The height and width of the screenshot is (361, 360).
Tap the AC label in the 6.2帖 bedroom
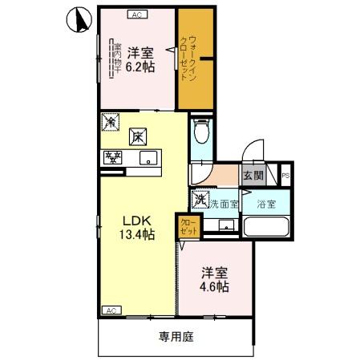coord(137,14)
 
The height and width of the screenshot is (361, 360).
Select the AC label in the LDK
coord(111,310)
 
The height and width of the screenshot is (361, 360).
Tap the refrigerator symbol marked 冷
coord(110,123)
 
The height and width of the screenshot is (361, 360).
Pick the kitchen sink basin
coord(147,158)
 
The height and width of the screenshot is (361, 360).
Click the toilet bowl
coord(201,130)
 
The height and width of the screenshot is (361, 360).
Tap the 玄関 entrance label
coord(253,176)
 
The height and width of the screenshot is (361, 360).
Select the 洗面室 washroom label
coord(224,204)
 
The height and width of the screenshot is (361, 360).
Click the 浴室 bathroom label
coord(265,204)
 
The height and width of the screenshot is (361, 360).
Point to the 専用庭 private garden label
coord(176,337)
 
